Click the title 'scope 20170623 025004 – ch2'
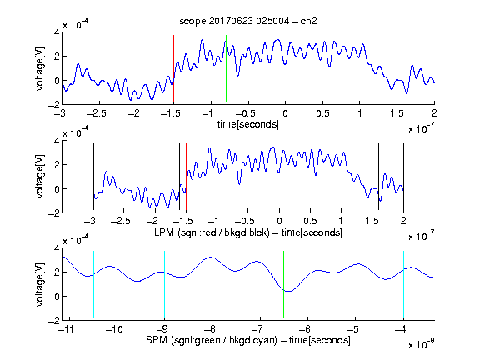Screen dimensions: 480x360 point(248,21)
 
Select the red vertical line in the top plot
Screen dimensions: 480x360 point(173,69)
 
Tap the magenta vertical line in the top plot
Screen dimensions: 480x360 point(397,69)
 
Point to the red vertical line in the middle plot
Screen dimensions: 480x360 point(186,177)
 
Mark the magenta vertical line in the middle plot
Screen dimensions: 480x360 point(372,177)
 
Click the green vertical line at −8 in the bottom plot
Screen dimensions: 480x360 point(212,285)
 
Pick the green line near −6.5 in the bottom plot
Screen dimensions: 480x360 point(284,285)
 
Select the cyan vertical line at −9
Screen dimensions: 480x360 point(165,285)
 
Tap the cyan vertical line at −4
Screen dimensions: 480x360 point(403,285)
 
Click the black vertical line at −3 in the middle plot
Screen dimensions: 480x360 point(93,177)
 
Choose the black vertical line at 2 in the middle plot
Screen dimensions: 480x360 point(403,177)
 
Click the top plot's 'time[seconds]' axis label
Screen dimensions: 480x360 point(248,124)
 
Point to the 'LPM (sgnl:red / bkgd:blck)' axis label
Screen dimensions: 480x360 point(212,232)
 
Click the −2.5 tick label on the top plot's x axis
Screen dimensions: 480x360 point(96,114)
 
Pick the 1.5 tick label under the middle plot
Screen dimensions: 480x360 point(372,221)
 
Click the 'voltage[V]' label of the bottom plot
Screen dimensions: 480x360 point(40,284)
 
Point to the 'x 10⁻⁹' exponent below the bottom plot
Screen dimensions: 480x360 point(422,344)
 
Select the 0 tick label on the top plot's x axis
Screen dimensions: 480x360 point(285,114)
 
